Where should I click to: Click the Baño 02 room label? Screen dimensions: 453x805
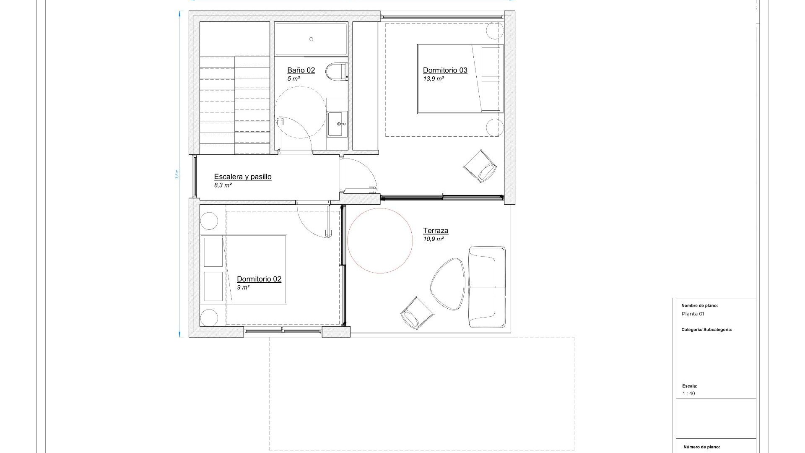(301, 70)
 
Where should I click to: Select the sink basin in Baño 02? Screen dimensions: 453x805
(337, 124)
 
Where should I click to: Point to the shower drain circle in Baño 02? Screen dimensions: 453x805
(311, 39)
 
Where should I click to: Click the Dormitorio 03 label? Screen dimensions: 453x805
(445, 70)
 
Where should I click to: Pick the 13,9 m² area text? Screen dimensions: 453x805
(433, 79)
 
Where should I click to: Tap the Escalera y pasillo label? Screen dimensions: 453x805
(242, 177)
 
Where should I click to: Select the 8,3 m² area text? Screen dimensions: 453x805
(223, 185)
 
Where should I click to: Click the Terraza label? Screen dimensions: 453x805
(435, 231)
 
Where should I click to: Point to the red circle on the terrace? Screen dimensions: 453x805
(380, 241)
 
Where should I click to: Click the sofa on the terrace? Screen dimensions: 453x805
(487, 287)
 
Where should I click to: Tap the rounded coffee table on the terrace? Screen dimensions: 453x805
(448, 284)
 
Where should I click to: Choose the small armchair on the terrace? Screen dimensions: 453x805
(416, 313)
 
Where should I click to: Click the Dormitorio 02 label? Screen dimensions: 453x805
(259, 279)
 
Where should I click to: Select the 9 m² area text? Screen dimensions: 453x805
(243, 288)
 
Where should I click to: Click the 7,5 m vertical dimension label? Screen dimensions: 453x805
(177, 174)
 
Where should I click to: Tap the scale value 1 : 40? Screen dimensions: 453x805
(688, 393)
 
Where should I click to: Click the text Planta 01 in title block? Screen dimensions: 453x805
(693, 314)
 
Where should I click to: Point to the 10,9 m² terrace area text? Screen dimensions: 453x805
(434, 239)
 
